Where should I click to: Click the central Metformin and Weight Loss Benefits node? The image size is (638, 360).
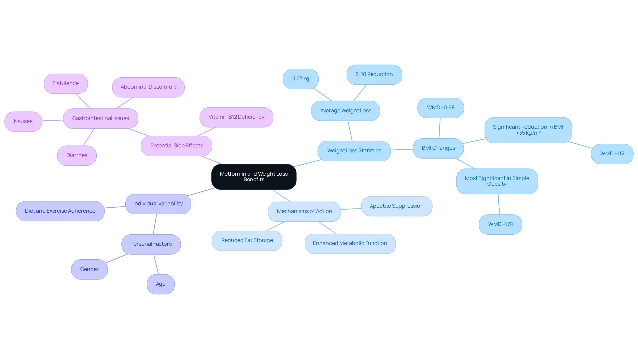[254, 177]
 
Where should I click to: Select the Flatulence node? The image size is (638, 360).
[66, 84]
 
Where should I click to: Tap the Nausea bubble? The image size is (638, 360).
[23, 122]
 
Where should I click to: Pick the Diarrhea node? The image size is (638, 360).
[77, 156]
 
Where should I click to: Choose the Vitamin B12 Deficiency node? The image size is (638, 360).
[236, 117]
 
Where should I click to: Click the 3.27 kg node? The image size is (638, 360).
[301, 79]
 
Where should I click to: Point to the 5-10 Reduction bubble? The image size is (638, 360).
[374, 75]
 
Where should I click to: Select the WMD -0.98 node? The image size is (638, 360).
[441, 108]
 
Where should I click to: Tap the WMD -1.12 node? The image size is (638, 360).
[612, 154]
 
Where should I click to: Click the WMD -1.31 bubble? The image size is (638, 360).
[500, 225]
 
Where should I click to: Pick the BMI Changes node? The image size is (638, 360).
[438, 148]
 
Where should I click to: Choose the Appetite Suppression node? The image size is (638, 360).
[397, 206]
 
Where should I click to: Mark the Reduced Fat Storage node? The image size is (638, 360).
[247, 241]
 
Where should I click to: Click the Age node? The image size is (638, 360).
[161, 284]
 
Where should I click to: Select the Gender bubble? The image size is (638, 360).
[89, 270]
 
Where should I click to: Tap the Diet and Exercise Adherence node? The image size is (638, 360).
[60, 211]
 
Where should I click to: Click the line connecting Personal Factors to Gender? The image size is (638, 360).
[117, 259]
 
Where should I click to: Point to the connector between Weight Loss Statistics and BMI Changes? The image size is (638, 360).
[402, 150]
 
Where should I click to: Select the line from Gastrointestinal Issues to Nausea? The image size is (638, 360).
[53, 120]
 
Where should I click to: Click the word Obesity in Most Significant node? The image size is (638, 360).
[497, 184]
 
